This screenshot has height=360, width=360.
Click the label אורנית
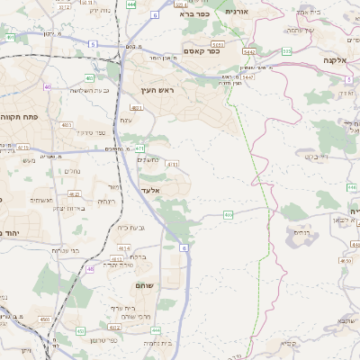(236, 12)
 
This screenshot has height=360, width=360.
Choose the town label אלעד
(149, 190)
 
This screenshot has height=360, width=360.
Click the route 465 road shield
(229, 214)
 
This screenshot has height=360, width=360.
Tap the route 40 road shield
(47, 87)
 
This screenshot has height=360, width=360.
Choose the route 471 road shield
(139, 148)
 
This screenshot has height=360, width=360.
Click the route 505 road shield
(286, 51)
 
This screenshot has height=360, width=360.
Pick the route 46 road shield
(90, 268)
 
